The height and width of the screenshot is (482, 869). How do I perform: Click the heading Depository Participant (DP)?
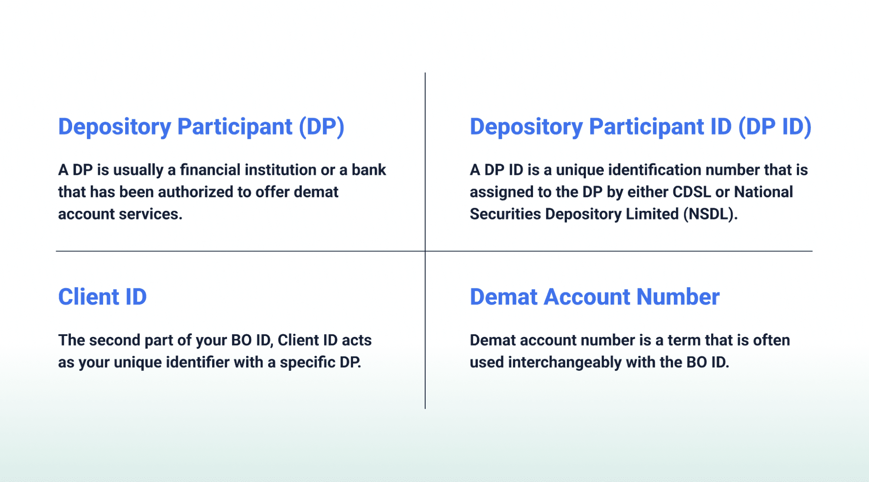tap(201, 127)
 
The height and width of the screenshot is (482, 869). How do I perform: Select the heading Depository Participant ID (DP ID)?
tap(641, 127)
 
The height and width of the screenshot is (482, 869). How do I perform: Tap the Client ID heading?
tap(103, 297)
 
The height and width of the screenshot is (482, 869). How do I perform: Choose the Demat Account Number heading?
tap(595, 297)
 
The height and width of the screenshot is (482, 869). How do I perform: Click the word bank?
tap(369, 170)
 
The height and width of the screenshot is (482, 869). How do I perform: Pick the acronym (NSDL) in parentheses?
tap(710, 214)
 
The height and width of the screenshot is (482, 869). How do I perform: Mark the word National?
tap(764, 192)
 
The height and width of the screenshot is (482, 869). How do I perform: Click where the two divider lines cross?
tap(425, 251)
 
